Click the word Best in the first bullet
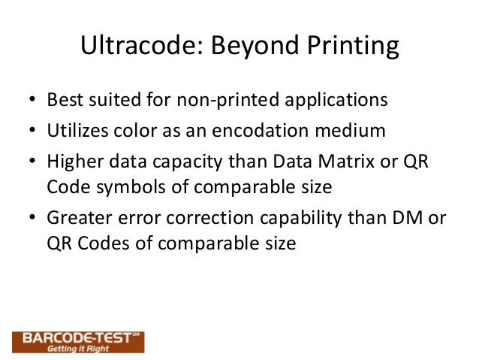coord(63,100)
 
